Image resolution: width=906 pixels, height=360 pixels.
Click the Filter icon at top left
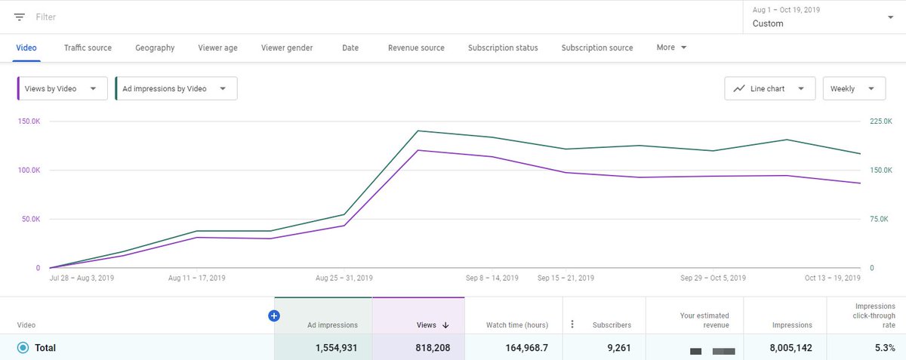click(20, 17)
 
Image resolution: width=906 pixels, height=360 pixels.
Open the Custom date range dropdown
click(819, 17)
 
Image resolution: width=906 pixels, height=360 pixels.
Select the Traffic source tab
click(88, 48)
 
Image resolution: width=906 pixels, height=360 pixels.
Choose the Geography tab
click(155, 48)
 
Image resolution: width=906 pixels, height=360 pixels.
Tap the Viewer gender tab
click(287, 48)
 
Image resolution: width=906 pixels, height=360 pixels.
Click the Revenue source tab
click(416, 48)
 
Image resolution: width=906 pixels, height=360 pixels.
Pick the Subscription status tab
click(503, 48)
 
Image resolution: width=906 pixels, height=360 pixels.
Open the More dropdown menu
click(671, 48)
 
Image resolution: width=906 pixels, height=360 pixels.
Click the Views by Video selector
click(62, 88)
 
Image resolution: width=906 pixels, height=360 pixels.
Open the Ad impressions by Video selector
click(175, 88)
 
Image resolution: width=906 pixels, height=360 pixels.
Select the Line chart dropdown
click(769, 88)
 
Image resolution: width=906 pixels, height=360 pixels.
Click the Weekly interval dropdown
click(853, 88)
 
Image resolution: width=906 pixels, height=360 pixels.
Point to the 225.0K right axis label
click(881, 122)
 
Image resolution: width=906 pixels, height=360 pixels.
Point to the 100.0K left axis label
click(29, 171)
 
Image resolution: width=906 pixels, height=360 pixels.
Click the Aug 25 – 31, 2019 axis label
click(344, 278)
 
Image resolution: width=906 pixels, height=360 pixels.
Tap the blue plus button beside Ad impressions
click(274, 316)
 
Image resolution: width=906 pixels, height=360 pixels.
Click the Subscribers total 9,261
click(615, 348)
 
